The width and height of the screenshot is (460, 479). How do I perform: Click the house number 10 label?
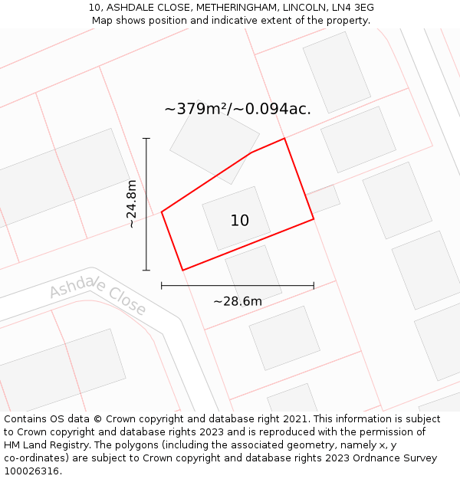click(x=239, y=221)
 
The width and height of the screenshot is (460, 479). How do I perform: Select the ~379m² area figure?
click(x=196, y=109)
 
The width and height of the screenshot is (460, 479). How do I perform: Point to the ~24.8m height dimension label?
click(x=132, y=204)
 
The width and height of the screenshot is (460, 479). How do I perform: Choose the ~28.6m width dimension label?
click(x=238, y=301)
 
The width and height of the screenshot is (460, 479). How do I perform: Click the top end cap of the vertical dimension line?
click(x=146, y=139)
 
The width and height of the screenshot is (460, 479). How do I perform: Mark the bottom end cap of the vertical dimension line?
click(x=146, y=270)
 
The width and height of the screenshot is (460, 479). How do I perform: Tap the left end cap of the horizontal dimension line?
click(x=162, y=286)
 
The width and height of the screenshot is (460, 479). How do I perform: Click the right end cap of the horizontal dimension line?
click(x=314, y=286)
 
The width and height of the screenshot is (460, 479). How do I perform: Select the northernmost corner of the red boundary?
click(x=284, y=139)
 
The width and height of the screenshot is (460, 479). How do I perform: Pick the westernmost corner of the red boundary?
click(x=162, y=212)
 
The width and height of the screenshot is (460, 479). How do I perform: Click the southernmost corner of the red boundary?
click(x=182, y=270)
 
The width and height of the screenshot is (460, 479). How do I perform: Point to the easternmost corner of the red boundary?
click(x=314, y=219)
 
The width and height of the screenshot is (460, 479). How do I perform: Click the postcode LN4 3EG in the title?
click(x=352, y=8)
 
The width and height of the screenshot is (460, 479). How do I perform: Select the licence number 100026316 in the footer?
click(x=31, y=471)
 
